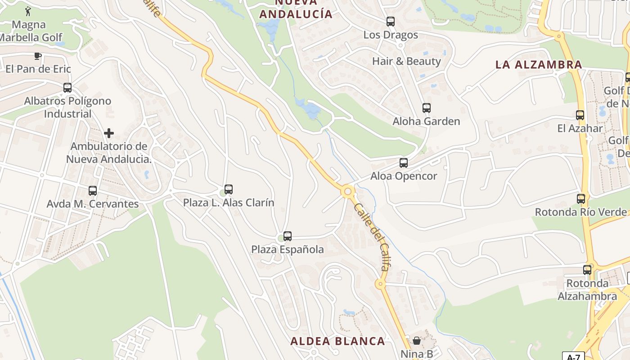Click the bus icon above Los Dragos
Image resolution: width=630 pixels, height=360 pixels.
click(391, 21)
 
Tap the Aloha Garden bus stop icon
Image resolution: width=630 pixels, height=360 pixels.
click(427, 108)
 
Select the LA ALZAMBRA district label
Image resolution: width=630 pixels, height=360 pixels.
click(539, 64)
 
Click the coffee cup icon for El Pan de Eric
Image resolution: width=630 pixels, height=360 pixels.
click(38, 56)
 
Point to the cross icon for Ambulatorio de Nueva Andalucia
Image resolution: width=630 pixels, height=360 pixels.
click(109, 133)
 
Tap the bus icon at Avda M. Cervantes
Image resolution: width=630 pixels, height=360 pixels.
click(93, 191)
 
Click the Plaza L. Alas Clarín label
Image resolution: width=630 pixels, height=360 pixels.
click(228, 202)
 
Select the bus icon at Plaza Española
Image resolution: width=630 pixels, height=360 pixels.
click(288, 236)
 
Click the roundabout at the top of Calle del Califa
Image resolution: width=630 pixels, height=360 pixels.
click(347, 191)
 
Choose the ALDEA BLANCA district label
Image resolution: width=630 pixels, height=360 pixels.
click(337, 341)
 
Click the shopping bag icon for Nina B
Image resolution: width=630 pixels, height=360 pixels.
click(417, 341)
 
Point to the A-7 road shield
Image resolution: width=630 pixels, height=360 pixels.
click(573, 357)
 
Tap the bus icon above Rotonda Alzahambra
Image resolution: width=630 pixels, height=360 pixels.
click(587, 270)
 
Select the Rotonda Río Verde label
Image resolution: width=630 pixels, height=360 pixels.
click(580, 211)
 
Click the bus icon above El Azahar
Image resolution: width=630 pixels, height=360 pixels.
click(580, 115)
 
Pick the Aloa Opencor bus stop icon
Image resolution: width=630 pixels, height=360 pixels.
click(404, 163)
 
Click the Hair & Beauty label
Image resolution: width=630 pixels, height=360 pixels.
click(406, 61)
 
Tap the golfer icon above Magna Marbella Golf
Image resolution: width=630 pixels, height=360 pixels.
click(29, 10)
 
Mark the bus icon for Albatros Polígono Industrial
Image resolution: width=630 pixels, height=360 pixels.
click(67, 88)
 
